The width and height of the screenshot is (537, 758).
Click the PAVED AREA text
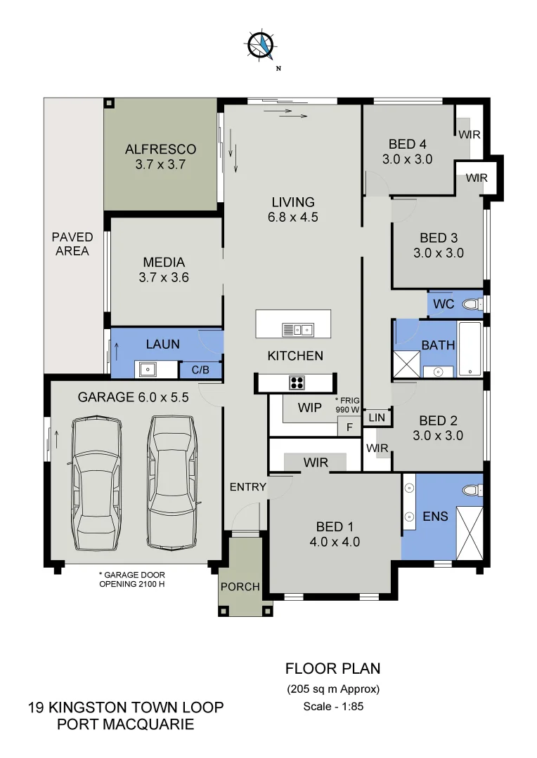pos(72,244)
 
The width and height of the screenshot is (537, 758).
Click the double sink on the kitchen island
pos(297,328)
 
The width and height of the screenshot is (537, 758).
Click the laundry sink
pos(148,368)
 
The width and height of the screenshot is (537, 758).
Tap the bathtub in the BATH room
pos(470,349)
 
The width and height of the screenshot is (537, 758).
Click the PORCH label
pos(240,586)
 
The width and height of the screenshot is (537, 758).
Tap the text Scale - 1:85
pos(332,707)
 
